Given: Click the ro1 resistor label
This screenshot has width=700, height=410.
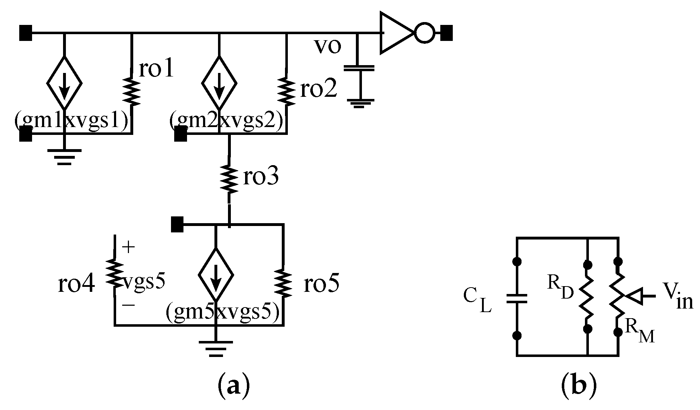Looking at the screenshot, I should [x=156, y=69].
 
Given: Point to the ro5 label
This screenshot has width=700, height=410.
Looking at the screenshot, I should [x=321, y=284].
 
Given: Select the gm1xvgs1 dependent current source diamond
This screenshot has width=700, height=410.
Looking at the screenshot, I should [x=64, y=83].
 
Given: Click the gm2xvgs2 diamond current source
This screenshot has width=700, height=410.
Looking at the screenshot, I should [x=219, y=83].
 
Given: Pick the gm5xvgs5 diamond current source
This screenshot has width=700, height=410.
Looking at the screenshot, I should [x=216, y=274].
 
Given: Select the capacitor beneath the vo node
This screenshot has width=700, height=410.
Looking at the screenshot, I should [x=358, y=68].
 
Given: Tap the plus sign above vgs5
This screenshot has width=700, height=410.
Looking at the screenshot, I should [x=129, y=247].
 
